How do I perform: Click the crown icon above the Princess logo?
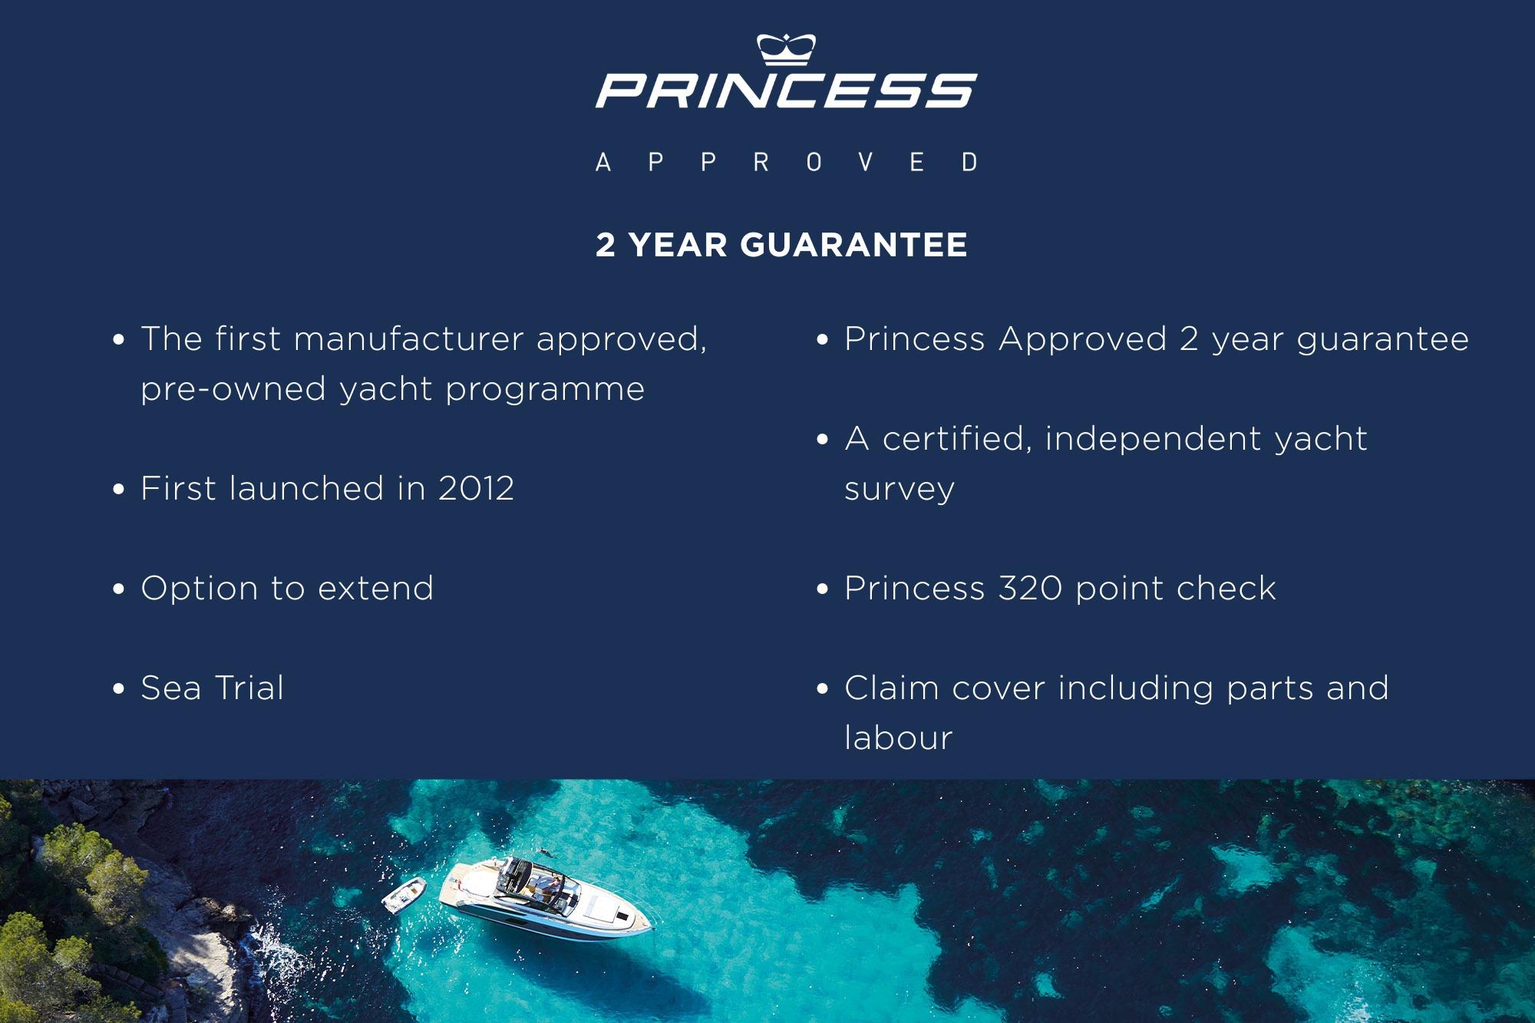point(786,49)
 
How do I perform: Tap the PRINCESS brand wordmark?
point(787,91)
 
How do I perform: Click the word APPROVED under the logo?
point(787,162)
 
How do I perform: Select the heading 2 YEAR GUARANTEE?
point(781,245)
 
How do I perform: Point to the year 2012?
point(476,489)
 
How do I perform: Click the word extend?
point(375,589)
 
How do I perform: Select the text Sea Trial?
point(212,688)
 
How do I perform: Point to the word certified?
point(957,439)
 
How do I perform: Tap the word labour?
point(898,738)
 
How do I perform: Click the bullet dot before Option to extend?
point(118,589)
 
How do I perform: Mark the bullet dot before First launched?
point(118,490)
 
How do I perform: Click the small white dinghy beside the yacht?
point(404,895)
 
